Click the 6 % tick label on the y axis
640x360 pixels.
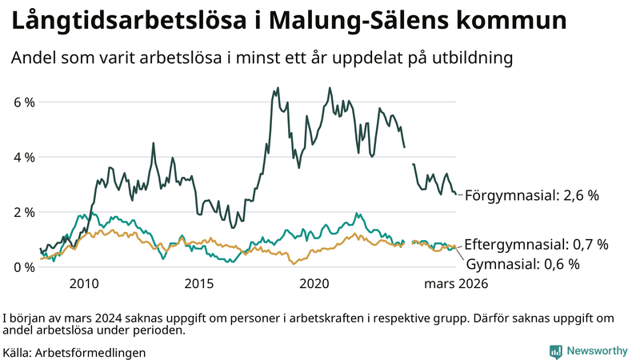coord(23,102)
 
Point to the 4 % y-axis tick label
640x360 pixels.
coord(23,157)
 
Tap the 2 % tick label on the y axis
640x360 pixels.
coord(23,212)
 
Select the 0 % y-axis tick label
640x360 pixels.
coord(23,266)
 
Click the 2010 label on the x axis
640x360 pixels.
coord(84,283)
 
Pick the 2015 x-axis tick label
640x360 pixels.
coord(199,283)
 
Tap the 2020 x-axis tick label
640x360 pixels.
coord(314,283)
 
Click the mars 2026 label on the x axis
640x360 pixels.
coord(455,283)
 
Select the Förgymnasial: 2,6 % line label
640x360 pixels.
coord(531,195)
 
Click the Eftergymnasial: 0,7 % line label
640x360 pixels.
coord(536,244)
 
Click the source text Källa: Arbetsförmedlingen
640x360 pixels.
coord(74,351)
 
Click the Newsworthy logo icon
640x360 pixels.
coord(555,350)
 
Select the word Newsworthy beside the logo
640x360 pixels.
coord(597,350)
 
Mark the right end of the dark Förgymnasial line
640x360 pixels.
coord(456,194)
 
